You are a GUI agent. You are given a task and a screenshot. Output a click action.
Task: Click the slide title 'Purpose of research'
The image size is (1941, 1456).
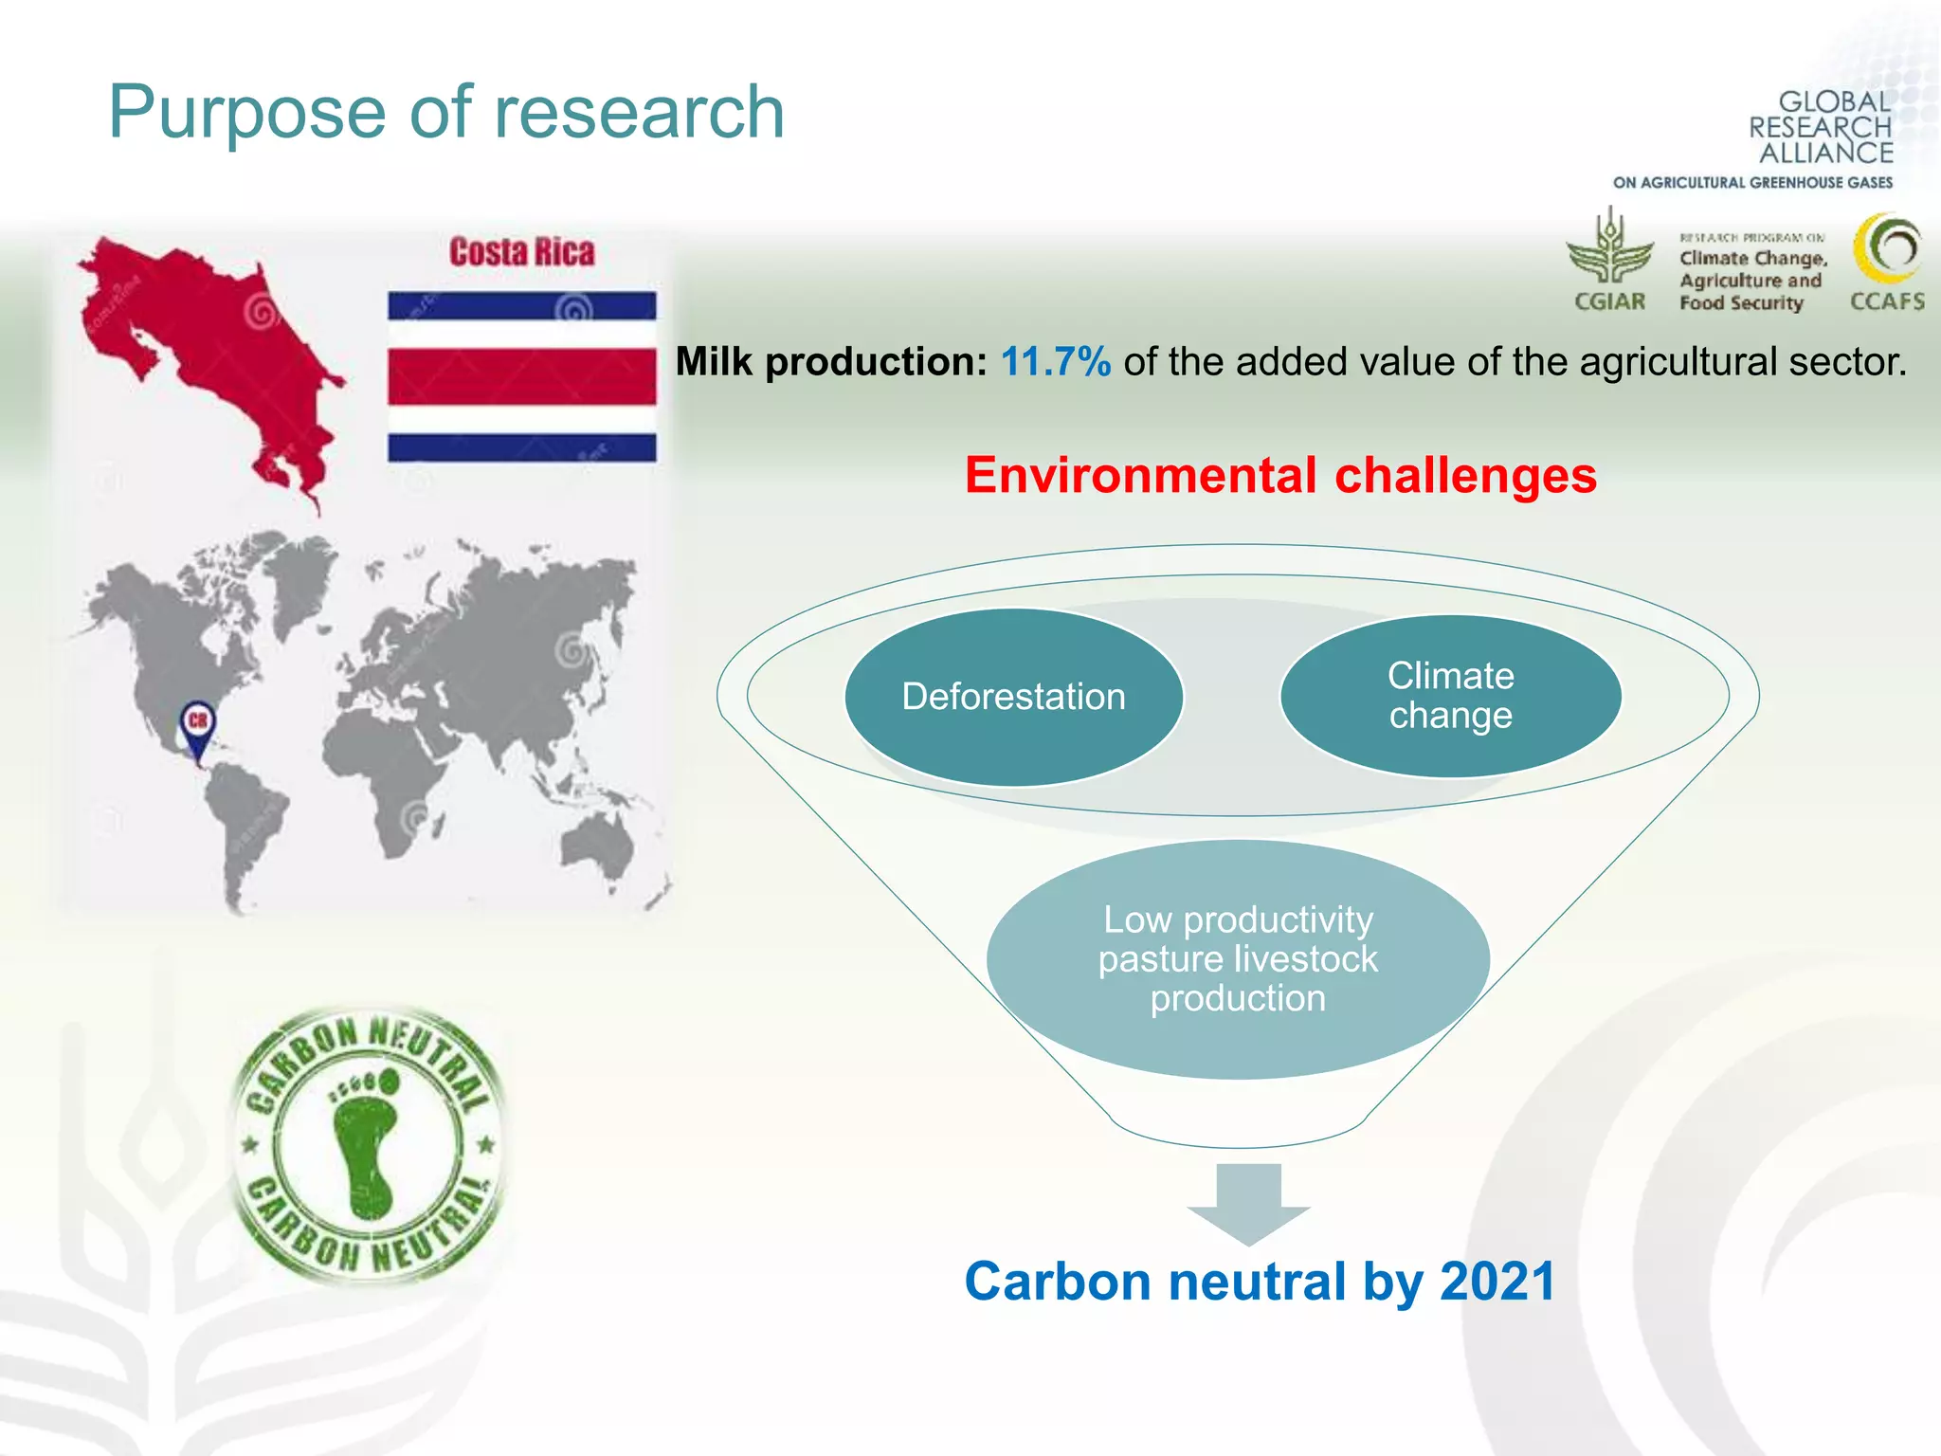tap(446, 112)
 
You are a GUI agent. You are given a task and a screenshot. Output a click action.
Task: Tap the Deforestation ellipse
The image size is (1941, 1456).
tap(1013, 697)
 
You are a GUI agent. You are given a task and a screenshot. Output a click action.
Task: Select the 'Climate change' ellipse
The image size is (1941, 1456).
tap(1450, 696)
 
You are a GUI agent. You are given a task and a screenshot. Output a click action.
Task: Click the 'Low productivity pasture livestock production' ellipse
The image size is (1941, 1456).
tap(1238, 958)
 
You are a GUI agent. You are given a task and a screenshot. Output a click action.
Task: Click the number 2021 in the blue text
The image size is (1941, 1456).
tap(1497, 1282)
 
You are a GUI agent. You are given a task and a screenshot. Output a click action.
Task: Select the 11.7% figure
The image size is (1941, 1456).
tap(1055, 362)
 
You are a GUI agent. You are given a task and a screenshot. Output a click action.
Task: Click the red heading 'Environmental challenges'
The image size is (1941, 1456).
tap(1280, 475)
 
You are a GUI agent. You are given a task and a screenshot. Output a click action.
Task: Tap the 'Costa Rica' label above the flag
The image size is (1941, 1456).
tap(522, 252)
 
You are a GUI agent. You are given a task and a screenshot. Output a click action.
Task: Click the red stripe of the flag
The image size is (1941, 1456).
tap(521, 376)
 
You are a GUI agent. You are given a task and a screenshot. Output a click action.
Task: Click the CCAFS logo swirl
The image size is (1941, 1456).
tap(1887, 249)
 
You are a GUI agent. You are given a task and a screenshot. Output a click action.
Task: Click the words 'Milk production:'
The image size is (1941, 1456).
tap(831, 362)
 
